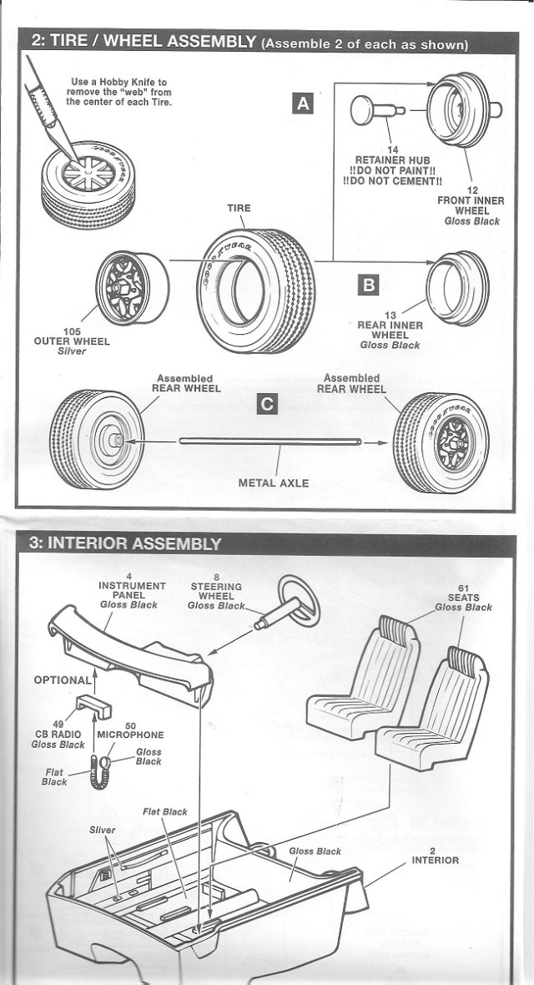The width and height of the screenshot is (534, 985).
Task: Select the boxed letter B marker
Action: pyautogui.click(x=367, y=285)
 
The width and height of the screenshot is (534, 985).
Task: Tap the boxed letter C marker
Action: pyautogui.click(x=266, y=404)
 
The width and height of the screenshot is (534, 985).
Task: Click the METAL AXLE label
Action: pyautogui.click(x=273, y=482)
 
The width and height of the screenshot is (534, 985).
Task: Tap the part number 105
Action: pyautogui.click(x=71, y=331)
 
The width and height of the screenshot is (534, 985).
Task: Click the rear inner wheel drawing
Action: pyautogui.click(x=457, y=287)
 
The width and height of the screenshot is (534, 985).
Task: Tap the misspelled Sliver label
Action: pyautogui.click(x=103, y=831)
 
